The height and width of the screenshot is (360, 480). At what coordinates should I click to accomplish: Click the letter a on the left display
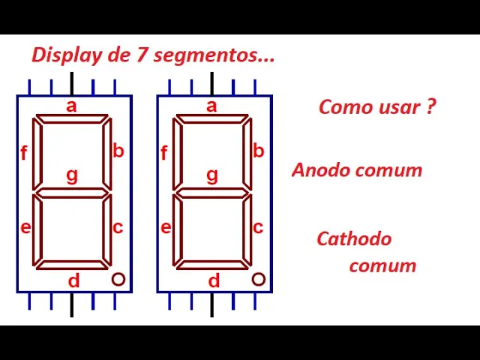(71, 106)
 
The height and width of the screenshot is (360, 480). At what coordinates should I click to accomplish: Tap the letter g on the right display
(212, 175)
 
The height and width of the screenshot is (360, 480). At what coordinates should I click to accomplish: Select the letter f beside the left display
(24, 154)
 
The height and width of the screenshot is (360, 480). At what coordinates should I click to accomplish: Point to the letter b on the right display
(259, 151)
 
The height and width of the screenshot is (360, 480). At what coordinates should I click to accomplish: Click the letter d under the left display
(73, 281)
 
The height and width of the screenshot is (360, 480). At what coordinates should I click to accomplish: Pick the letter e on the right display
(166, 227)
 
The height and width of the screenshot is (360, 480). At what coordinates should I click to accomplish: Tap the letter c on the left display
(118, 226)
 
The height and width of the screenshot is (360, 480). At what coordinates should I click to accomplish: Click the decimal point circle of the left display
(118, 279)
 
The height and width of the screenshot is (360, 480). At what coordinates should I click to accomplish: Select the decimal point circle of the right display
(258, 279)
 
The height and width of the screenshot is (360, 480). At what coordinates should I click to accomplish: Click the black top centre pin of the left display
(72, 83)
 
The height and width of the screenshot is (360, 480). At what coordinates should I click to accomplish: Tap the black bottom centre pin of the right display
(212, 304)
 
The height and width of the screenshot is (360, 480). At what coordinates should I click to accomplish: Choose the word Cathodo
(354, 239)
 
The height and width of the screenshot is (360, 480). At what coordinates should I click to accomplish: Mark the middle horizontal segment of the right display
(212, 193)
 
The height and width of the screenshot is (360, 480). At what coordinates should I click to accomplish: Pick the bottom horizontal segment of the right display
(212, 264)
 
